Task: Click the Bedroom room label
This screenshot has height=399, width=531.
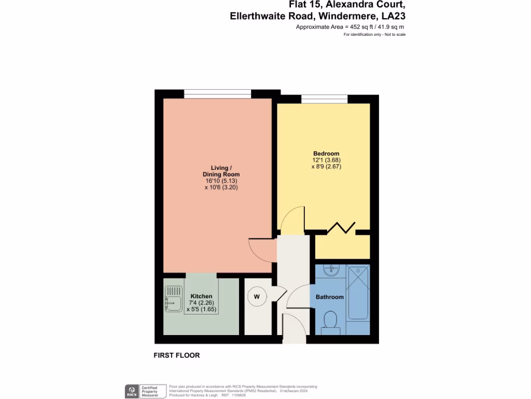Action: click(326, 153)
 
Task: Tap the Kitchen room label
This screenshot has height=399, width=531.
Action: click(201, 296)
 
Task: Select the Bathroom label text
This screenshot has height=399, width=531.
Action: click(330, 297)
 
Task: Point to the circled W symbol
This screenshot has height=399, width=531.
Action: click(256, 297)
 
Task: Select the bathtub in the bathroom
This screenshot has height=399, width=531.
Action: click(358, 292)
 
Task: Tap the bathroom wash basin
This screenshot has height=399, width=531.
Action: click(330, 271)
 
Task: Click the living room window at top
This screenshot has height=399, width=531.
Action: click(218, 94)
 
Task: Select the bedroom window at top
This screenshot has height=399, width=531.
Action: click(324, 99)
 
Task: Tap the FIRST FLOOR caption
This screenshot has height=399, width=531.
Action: click(177, 356)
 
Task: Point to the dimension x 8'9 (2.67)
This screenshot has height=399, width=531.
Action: click(326, 167)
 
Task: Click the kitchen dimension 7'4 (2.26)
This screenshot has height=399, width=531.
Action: click(201, 303)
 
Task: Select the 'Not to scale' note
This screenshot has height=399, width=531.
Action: click(395, 34)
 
